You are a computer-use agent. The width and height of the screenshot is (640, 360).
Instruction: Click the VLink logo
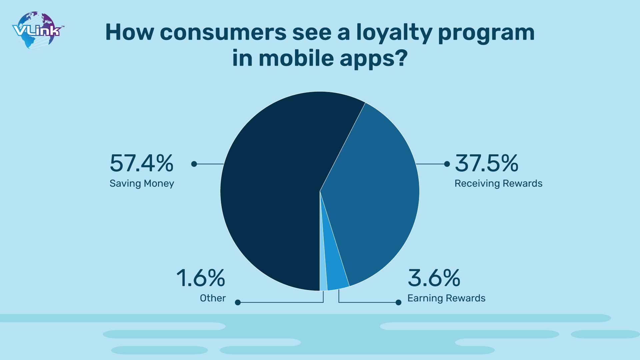[38, 30]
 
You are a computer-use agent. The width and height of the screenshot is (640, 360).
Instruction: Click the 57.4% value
[142, 163]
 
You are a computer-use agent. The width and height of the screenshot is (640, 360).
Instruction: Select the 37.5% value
[487, 163]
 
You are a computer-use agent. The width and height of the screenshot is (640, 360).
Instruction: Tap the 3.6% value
[434, 278]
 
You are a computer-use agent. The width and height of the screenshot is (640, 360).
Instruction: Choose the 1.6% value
[201, 278]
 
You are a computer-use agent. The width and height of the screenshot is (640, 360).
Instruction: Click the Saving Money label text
[142, 184]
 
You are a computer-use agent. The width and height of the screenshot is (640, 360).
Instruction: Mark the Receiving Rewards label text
[499, 184]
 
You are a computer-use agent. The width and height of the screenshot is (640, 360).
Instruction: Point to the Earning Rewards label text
[446, 298]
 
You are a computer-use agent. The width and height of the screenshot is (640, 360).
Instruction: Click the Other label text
[213, 298]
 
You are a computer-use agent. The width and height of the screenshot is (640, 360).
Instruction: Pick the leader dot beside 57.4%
[194, 164]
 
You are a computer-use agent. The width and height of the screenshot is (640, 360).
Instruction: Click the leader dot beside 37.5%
[447, 164]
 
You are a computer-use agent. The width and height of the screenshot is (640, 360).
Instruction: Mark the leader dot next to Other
[238, 302]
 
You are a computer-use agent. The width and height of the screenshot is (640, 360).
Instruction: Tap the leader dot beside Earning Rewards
[398, 302]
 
